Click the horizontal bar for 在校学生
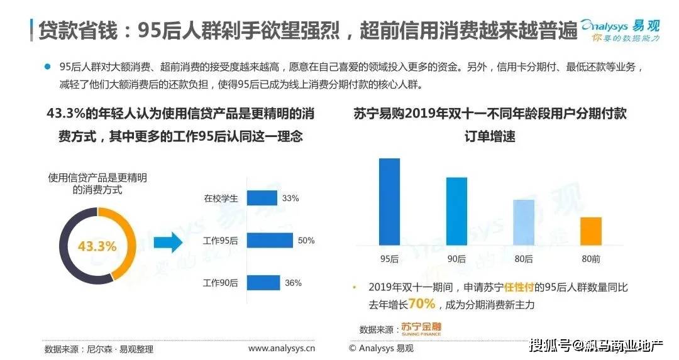click(x=262, y=198)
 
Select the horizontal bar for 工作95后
click(x=270, y=241)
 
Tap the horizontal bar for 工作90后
click(x=263, y=283)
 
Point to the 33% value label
click(x=290, y=198)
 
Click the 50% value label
click(x=306, y=241)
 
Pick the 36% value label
click(x=293, y=283)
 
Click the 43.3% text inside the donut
click(x=97, y=246)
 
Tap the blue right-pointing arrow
click(x=168, y=243)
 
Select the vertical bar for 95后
click(x=389, y=202)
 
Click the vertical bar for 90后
click(x=457, y=212)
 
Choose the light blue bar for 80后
click(x=524, y=223)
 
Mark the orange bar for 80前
click(x=591, y=231)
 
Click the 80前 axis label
click(x=591, y=259)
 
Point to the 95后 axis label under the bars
click(x=389, y=259)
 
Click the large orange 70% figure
click(x=421, y=303)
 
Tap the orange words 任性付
click(x=519, y=287)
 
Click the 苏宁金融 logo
click(x=421, y=329)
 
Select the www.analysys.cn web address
click(x=282, y=348)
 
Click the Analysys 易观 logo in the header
click(x=621, y=30)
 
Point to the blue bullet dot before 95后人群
click(x=48, y=67)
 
